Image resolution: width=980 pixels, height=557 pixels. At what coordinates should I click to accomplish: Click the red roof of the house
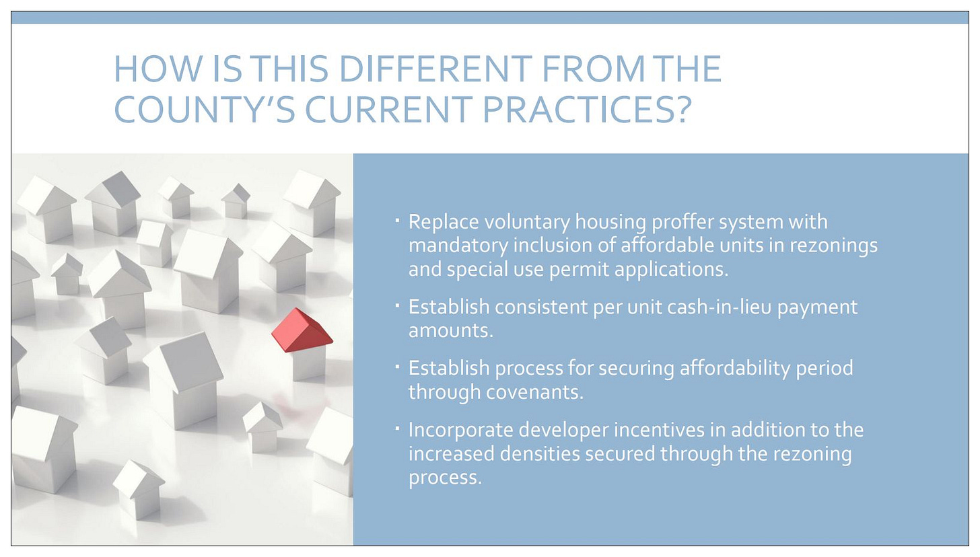click(x=302, y=330)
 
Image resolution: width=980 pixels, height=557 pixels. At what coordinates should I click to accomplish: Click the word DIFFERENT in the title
click(x=435, y=69)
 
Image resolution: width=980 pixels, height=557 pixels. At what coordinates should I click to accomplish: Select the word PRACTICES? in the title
click(x=587, y=109)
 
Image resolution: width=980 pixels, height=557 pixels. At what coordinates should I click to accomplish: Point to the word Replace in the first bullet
click(x=444, y=222)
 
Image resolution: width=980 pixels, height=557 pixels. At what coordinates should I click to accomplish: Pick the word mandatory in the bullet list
click(x=458, y=246)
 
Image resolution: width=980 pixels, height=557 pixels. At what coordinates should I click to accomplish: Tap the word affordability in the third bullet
click(x=734, y=368)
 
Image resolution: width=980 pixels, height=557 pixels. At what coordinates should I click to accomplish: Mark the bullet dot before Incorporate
click(x=397, y=429)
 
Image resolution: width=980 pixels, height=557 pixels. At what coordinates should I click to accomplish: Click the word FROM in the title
click(x=593, y=69)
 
